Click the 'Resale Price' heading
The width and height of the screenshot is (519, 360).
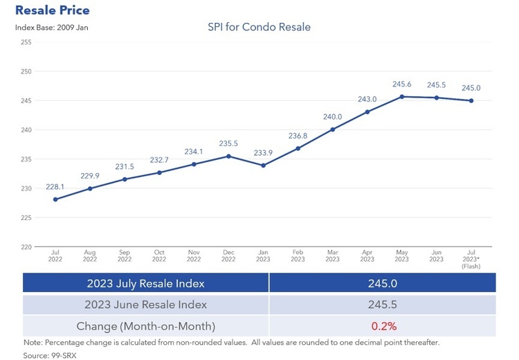coord(52,11)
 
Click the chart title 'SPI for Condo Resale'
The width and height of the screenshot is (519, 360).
coord(259,27)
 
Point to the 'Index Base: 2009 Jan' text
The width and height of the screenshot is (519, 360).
coord(52,28)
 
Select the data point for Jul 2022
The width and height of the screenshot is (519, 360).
coord(55,199)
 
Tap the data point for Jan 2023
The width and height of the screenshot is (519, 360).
coord(264,165)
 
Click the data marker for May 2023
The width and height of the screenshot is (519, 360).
coord(402,97)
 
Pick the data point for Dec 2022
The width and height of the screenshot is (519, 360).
coord(229,156)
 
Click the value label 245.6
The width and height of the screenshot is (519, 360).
coord(402,84)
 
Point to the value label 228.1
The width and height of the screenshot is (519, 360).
coord(55,186)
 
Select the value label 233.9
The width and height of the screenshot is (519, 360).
coord(264,153)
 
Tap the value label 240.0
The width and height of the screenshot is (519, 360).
coord(333,117)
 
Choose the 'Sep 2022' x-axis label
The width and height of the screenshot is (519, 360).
coord(125,255)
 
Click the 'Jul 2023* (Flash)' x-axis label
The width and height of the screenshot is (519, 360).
coord(471,259)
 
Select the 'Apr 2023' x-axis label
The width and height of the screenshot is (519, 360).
coord(367,255)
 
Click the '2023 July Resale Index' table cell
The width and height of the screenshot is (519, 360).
coord(145,283)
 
